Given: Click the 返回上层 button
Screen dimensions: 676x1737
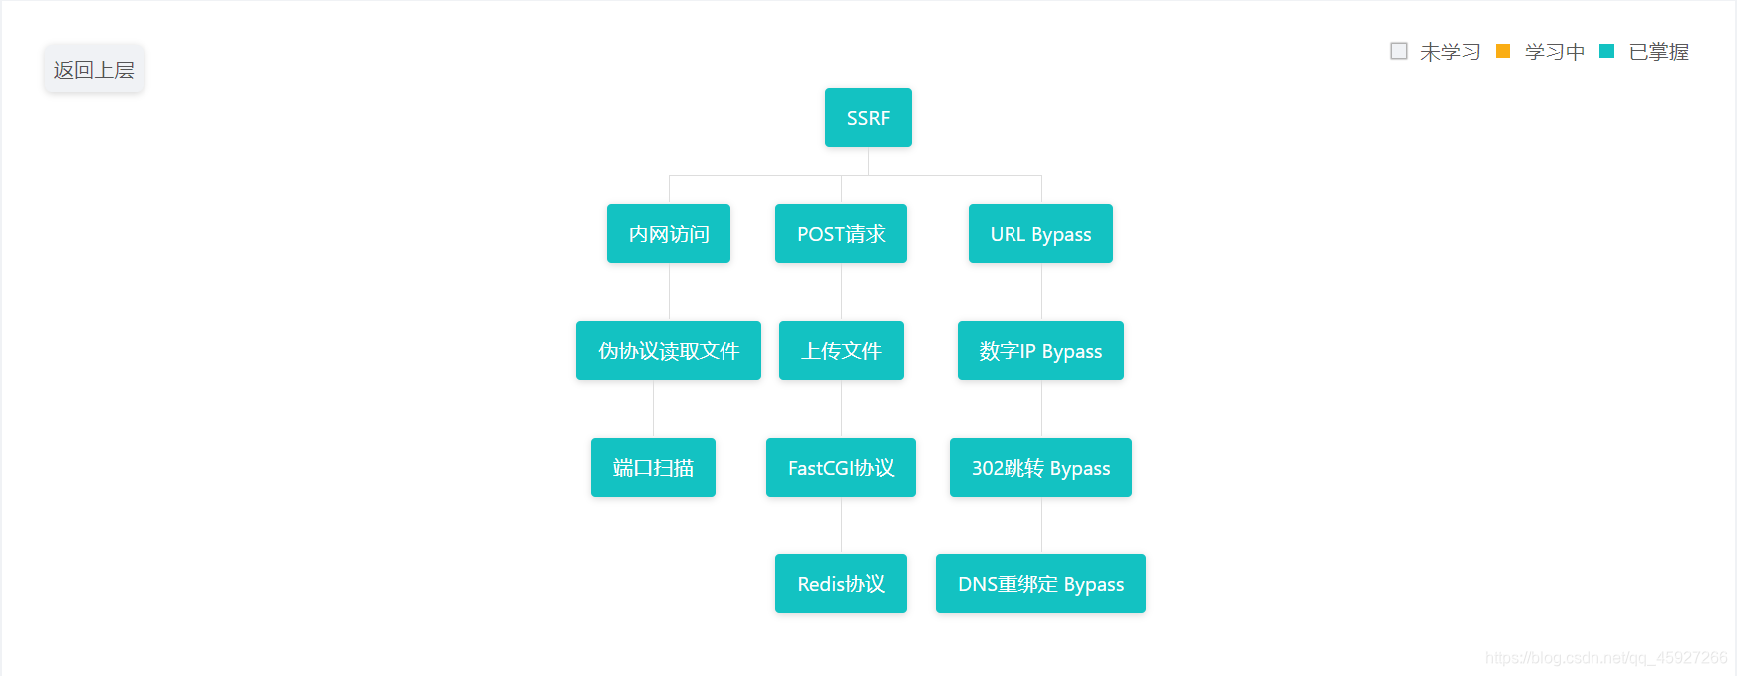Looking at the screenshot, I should [x=94, y=69].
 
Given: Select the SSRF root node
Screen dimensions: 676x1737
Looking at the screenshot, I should [x=868, y=118].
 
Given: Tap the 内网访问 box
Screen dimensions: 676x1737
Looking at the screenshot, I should [x=669, y=234].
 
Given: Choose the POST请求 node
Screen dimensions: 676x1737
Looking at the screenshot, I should [x=841, y=234].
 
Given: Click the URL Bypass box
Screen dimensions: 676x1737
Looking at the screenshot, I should [x=1040, y=234].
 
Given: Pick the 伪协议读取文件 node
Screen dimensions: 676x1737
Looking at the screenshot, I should [x=669, y=351].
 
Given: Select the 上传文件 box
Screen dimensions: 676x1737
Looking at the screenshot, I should [x=841, y=351].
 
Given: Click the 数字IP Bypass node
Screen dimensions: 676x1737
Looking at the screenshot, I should [x=1040, y=351].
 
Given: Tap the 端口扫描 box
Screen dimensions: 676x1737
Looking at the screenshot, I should [x=653, y=468].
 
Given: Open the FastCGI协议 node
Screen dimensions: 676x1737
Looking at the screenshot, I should [x=841, y=468].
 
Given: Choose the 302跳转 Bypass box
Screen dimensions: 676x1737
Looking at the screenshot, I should [x=1040, y=468].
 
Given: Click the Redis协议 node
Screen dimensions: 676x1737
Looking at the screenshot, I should [x=841, y=584].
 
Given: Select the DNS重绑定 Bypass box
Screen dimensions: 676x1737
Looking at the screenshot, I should [x=1040, y=584].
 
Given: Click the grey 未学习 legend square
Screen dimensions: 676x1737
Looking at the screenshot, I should [x=1399, y=51].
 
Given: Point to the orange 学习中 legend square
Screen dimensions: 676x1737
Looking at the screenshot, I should [x=1503, y=51].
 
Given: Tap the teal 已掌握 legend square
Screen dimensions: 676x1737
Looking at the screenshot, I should [x=1606, y=51].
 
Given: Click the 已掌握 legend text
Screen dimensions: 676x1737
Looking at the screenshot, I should [x=1658, y=52].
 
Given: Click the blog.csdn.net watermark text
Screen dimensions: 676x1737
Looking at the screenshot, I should [x=1605, y=658].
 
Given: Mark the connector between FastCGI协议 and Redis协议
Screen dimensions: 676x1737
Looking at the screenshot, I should [x=841, y=525].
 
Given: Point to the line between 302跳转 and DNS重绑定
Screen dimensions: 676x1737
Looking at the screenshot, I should [x=1041, y=525].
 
